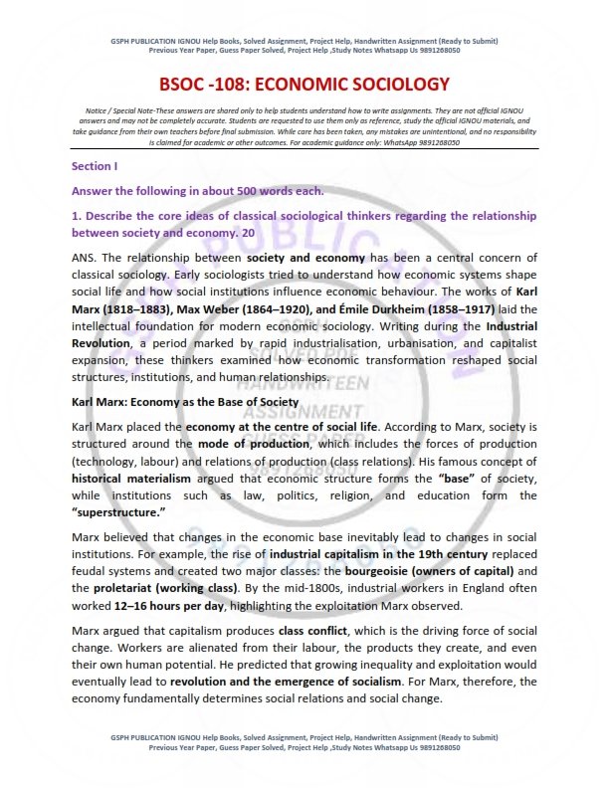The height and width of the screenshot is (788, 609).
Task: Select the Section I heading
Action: pos(95,165)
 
